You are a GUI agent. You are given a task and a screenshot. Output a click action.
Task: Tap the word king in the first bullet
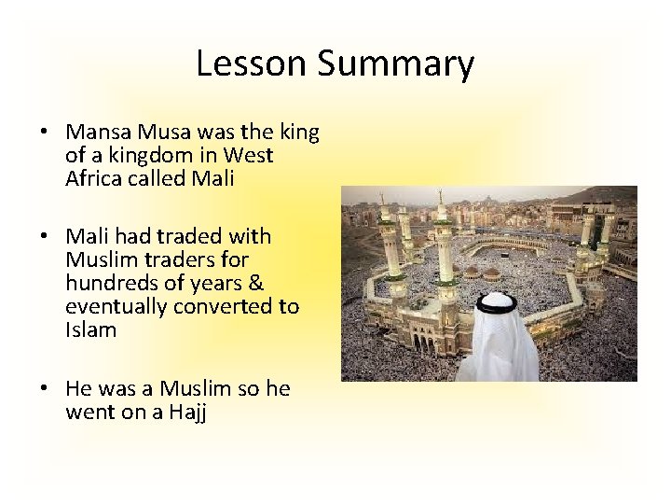click(298, 133)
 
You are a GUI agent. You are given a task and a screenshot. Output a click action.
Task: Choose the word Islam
click(90, 329)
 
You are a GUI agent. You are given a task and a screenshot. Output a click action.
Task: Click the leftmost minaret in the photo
click(381, 224)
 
